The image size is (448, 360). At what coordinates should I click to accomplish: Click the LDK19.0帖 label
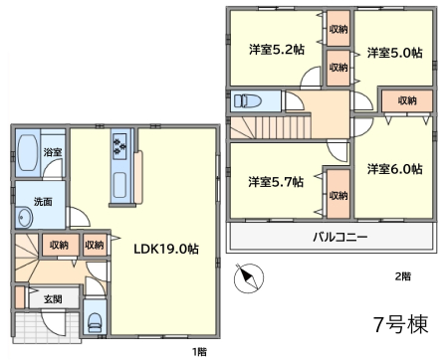point(166,249)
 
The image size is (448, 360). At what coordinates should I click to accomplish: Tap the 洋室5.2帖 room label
point(277,50)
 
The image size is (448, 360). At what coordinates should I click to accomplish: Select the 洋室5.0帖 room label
point(395,53)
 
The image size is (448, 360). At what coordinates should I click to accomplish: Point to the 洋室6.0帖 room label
point(395,169)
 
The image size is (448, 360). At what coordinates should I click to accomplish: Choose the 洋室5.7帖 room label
point(276,182)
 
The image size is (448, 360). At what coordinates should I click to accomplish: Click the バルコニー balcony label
point(340,237)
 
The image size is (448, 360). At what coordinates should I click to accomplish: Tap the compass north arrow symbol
point(249,277)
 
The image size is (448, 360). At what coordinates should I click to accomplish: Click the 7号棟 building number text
point(401,324)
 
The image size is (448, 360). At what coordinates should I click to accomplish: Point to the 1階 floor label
point(200,352)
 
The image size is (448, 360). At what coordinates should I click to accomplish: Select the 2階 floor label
point(403,276)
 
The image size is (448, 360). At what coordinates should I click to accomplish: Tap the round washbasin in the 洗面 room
point(24,218)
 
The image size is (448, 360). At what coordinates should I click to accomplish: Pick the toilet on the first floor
point(95,322)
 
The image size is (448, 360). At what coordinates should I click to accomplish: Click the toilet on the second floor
point(247,100)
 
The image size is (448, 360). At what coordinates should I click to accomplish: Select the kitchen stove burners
point(119,145)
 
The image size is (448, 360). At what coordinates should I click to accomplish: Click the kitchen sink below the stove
point(119,185)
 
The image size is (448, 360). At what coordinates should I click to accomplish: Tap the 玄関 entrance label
point(53,299)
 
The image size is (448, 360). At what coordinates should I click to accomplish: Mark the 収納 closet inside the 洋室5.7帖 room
point(338,194)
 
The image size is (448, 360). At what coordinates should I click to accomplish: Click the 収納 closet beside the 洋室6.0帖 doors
point(407,100)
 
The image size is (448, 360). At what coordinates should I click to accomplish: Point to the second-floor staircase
point(271,127)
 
